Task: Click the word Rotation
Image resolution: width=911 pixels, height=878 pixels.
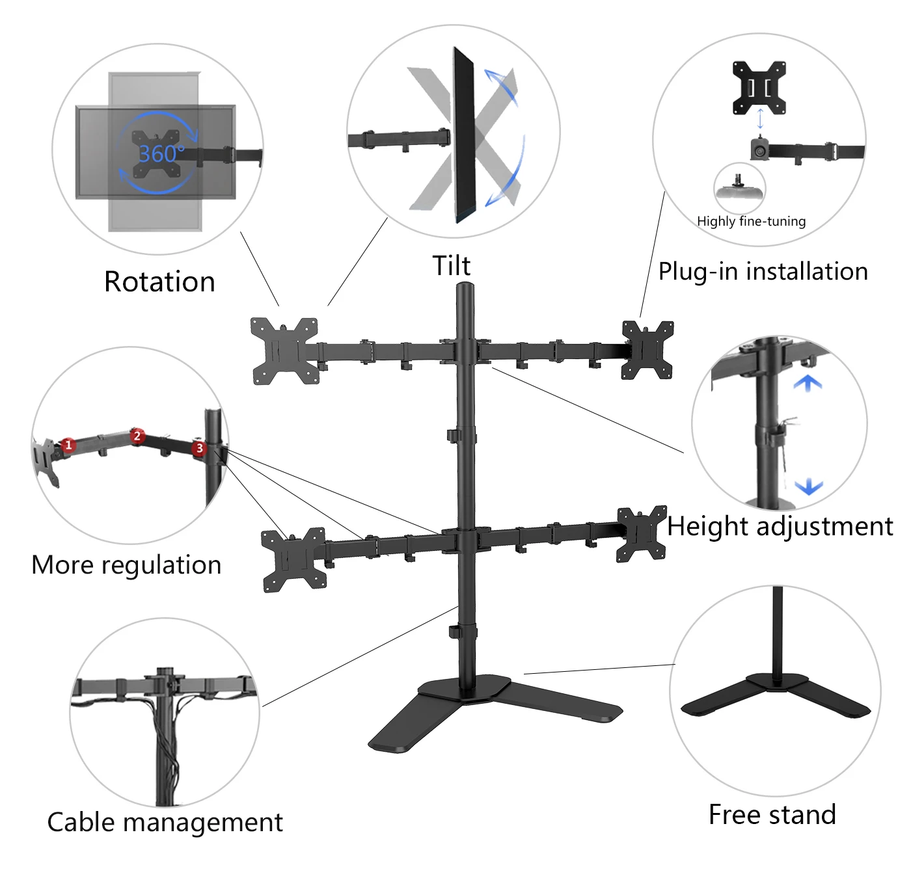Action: [159, 282]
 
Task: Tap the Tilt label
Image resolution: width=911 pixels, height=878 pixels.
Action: [452, 266]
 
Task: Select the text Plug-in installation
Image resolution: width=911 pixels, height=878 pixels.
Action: [763, 271]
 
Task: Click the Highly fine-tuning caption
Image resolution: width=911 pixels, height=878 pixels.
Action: [751, 221]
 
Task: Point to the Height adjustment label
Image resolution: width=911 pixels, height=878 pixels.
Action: [780, 526]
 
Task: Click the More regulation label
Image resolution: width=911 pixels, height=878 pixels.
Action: [126, 565]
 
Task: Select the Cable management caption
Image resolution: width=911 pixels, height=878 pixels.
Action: [165, 822]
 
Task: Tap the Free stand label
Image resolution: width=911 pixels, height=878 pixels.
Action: [772, 814]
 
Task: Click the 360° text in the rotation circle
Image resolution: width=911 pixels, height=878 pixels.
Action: [161, 153]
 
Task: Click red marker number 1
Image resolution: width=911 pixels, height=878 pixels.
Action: [69, 446]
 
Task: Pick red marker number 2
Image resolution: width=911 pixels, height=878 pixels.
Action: [137, 436]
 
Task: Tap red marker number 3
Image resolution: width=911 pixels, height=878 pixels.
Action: [199, 448]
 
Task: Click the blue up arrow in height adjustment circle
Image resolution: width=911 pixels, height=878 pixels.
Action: [808, 383]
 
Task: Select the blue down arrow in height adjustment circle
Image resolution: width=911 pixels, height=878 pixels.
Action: [809, 486]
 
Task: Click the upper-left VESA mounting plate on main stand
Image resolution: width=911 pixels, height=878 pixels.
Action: [284, 351]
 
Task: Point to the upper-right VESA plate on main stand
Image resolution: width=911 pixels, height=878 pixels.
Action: [647, 350]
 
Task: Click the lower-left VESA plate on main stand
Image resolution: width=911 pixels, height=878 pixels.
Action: [293, 559]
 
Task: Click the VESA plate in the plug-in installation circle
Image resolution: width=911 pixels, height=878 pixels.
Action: [759, 87]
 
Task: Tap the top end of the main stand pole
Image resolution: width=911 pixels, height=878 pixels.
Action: [465, 287]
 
